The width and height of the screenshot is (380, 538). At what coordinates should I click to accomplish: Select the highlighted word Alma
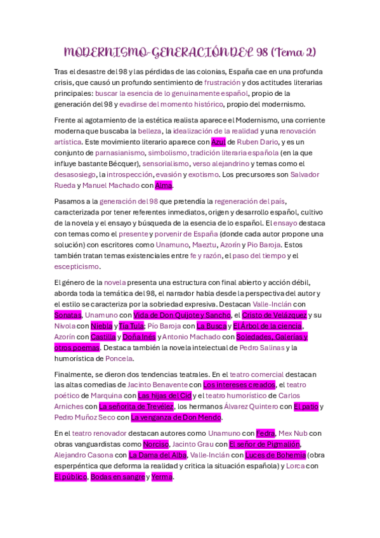(164, 185)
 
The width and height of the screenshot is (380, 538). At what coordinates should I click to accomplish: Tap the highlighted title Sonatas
(67, 315)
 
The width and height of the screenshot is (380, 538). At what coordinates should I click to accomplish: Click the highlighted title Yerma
(162, 476)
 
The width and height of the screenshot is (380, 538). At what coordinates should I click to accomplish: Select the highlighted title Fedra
(266, 433)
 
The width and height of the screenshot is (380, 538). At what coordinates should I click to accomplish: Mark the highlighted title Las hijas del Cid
(165, 395)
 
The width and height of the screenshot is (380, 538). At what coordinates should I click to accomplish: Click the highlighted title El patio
(306, 406)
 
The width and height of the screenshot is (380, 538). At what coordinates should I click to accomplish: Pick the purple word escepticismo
(77, 266)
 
